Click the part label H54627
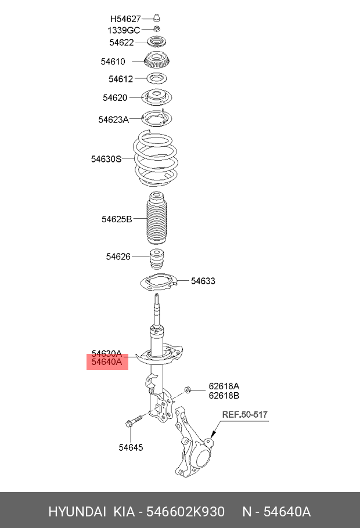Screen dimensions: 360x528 coord(125,19)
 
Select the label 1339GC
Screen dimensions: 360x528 coord(124,30)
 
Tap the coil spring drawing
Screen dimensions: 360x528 coord(155,160)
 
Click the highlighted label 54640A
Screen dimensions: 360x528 coord(107,362)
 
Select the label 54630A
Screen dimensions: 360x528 coord(107,353)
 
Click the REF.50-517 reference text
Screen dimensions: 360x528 coord(245,414)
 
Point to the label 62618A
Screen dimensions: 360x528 coord(224,386)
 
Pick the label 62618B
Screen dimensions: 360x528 coord(224,396)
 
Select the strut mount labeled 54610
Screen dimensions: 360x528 coord(155,60)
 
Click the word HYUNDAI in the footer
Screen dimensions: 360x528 coord(77,512)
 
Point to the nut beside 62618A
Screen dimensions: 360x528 coord(188,389)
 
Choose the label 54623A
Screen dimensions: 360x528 coord(113,120)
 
